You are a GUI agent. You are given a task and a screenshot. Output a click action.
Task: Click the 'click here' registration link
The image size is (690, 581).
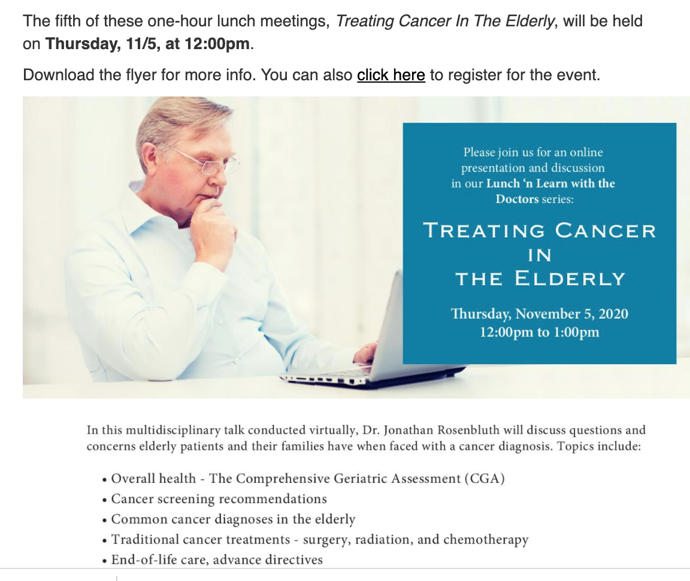391,75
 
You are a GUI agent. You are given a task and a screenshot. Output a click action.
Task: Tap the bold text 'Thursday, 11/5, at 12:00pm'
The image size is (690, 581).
147,44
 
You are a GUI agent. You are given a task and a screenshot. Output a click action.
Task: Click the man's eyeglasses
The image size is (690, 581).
206,161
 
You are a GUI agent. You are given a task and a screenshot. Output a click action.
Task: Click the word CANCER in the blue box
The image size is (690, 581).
606,231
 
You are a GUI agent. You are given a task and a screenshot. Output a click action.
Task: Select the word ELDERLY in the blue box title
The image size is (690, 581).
570,279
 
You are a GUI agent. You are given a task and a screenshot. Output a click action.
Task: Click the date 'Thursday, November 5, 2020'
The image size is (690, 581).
540,314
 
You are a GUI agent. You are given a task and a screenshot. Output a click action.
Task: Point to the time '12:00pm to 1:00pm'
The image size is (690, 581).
540,332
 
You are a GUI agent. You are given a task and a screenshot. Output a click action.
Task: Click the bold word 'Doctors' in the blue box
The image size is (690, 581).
517,199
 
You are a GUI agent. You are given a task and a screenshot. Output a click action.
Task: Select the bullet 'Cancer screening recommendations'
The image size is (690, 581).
219,499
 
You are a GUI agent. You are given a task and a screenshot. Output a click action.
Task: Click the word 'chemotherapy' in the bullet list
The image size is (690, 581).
486,540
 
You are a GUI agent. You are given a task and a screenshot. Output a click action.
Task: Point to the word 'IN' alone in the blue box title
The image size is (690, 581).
540,255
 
